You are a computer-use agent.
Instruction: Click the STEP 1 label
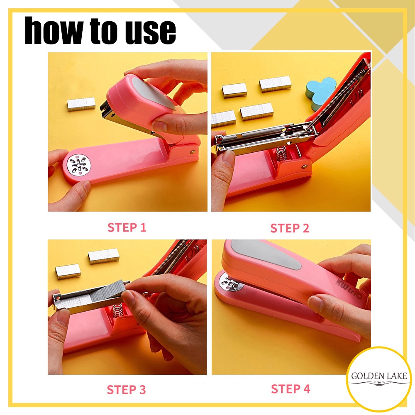pyautogui.click(x=127, y=227)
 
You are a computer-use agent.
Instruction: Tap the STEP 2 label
pyautogui.click(x=290, y=228)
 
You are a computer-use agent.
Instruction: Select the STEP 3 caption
pyautogui.click(x=126, y=390)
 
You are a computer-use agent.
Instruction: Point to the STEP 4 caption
pyautogui.click(x=290, y=389)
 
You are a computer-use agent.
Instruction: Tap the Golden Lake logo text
pyautogui.click(x=379, y=376)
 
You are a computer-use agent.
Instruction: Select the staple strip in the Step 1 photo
pyautogui.click(x=81, y=104)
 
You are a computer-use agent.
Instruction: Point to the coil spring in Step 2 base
pyautogui.click(x=281, y=153)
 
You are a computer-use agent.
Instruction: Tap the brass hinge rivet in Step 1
pyautogui.click(x=193, y=152)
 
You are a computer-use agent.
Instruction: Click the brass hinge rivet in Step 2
pyautogui.click(x=305, y=166)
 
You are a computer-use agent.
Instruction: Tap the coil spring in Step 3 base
pyautogui.click(x=118, y=311)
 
